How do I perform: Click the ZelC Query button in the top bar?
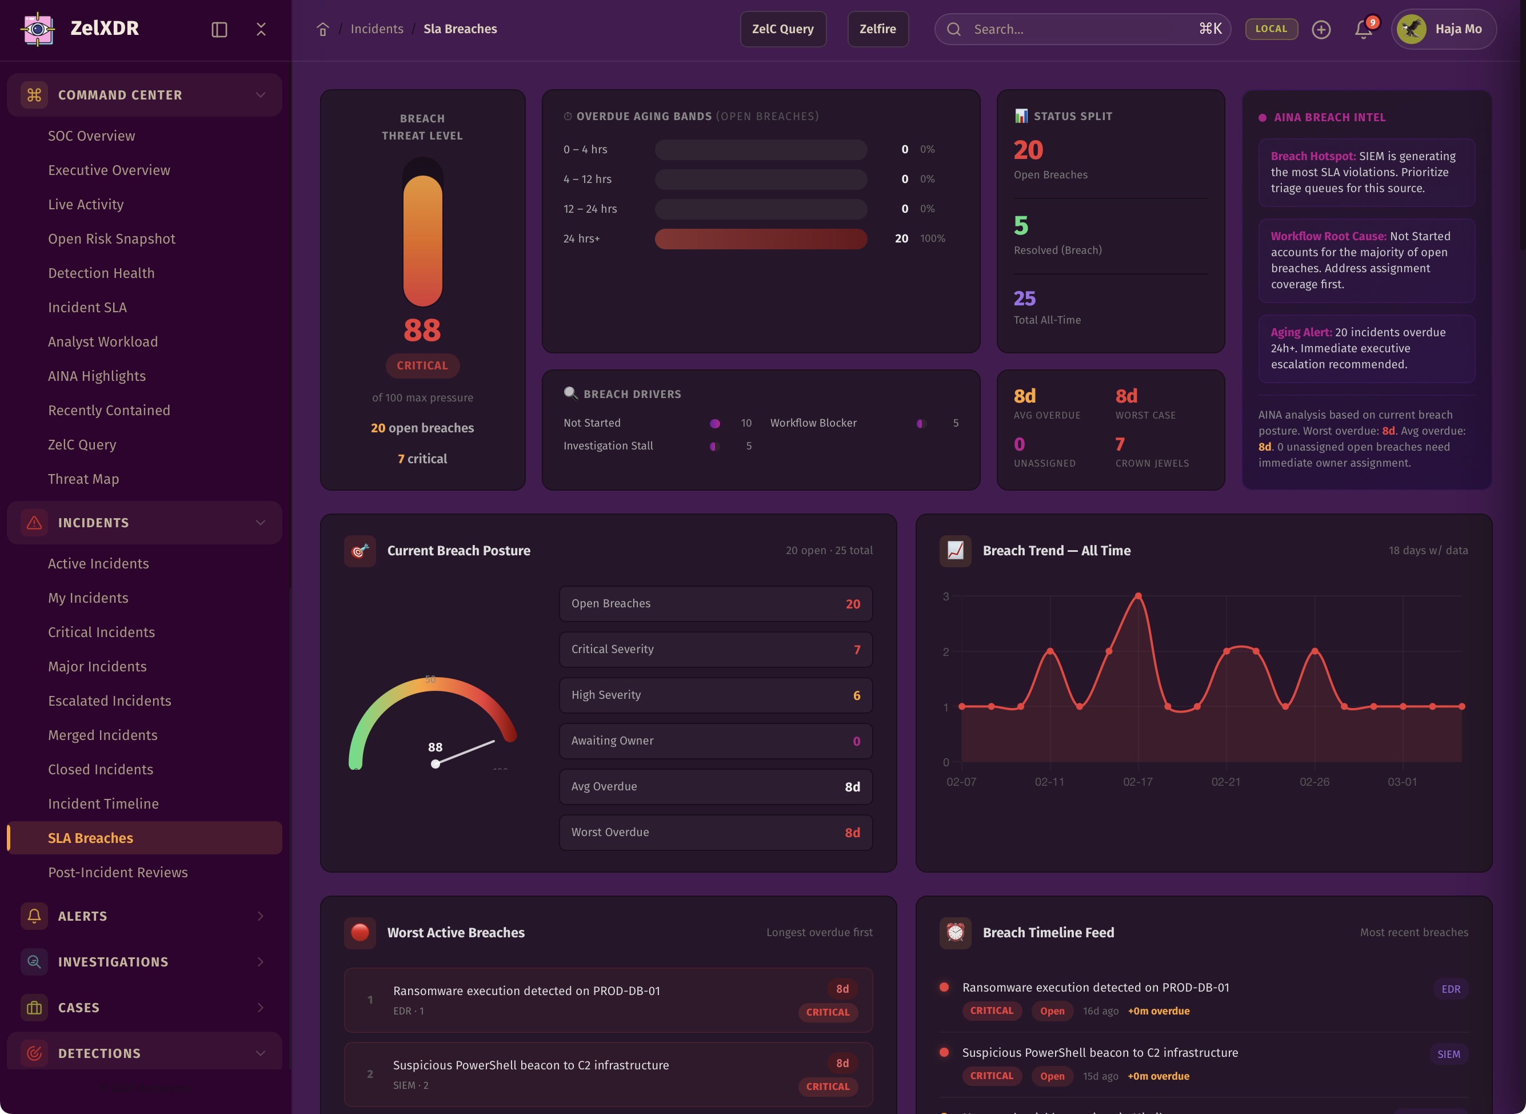click(782, 29)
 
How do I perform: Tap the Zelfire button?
click(877, 29)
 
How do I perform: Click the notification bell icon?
click(1363, 29)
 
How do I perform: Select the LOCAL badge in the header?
click(1271, 29)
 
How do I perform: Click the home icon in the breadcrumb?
click(323, 29)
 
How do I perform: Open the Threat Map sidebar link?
click(83, 479)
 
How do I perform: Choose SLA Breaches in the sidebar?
click(90, 838)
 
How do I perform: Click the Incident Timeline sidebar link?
click(103, 803)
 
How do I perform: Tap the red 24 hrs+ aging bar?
click(760, 238)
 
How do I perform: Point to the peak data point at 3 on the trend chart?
click(1138, 596)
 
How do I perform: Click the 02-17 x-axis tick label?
click(1138, 782)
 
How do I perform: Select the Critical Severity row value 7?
click(857, 650)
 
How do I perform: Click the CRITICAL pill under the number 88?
click(422, 365)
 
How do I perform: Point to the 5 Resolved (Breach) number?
click(1021, 225)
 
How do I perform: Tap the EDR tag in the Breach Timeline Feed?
click(1451, 989)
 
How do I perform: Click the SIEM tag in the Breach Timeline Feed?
click(1448, 1054)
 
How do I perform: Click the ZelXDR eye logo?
click(38, 29)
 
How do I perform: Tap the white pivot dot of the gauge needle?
click(436, 764)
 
